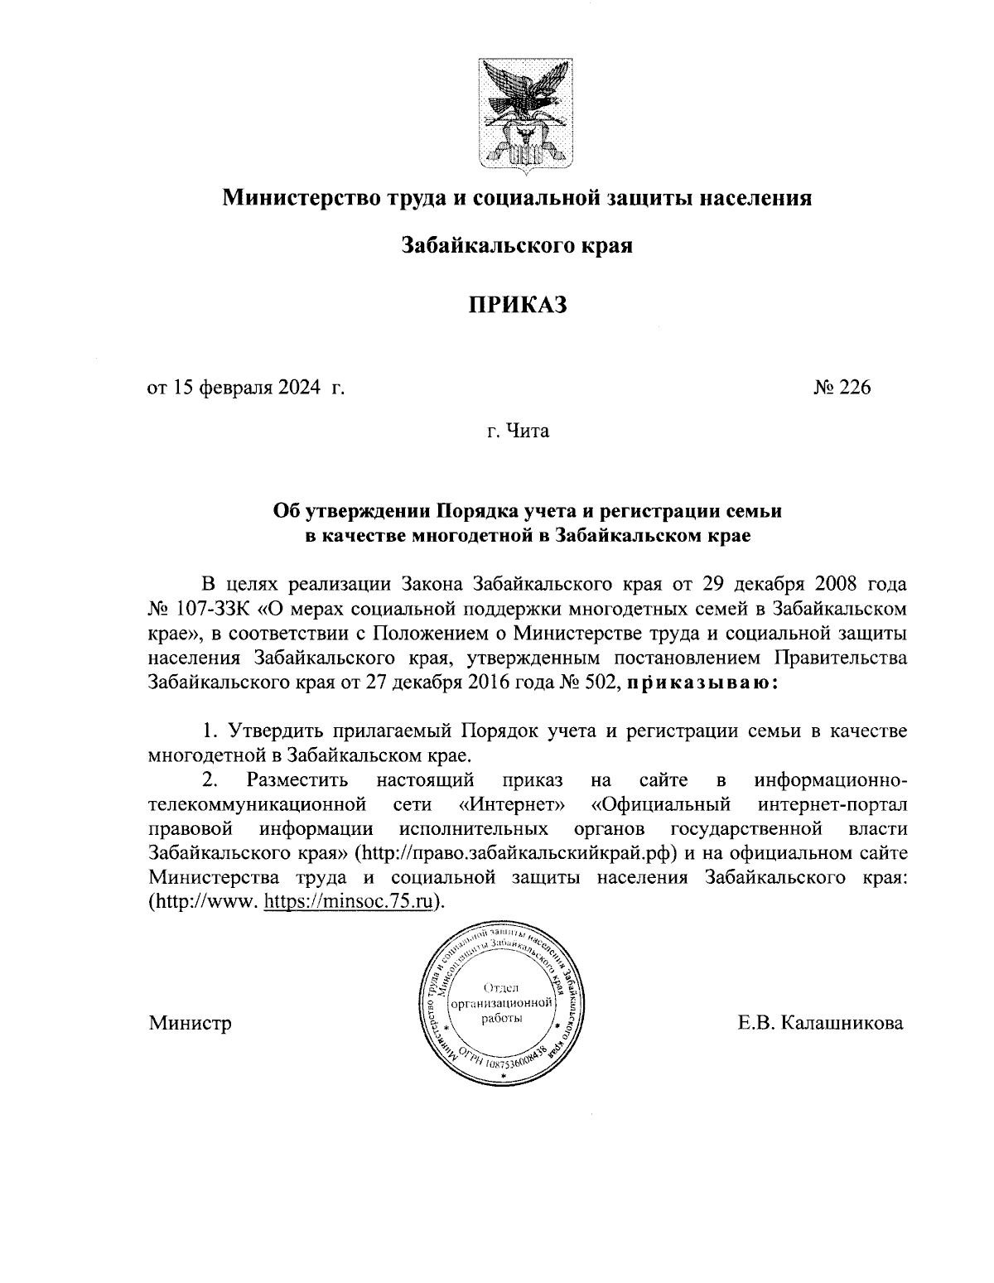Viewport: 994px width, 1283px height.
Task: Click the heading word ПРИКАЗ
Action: (x=517, y=306)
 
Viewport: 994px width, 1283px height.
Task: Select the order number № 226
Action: (x=842, y=387)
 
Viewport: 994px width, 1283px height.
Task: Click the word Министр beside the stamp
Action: (x=190, y=1023)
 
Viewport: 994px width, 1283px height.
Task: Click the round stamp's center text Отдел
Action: (x=499, y=987)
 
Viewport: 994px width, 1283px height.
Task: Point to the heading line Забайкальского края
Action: (x=517, y=246)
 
